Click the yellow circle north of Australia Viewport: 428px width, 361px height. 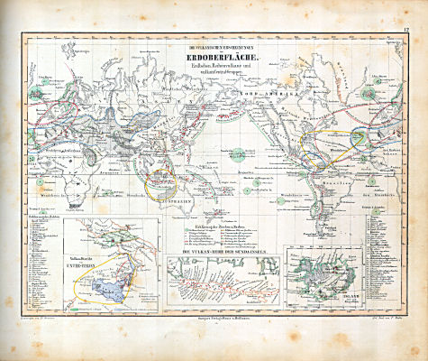(x=164, y=186)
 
